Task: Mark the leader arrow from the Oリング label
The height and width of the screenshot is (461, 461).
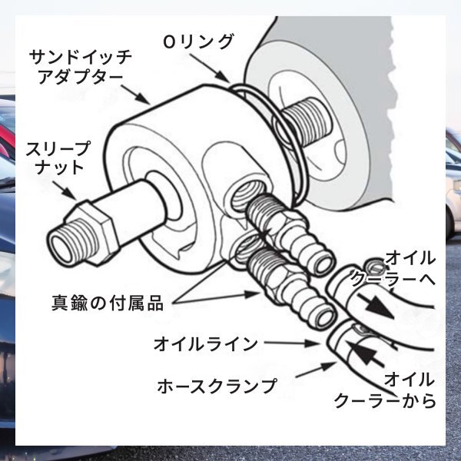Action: click(x=222, y=73)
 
